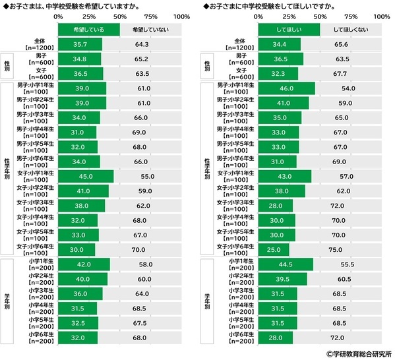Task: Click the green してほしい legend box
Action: (289, 30)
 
